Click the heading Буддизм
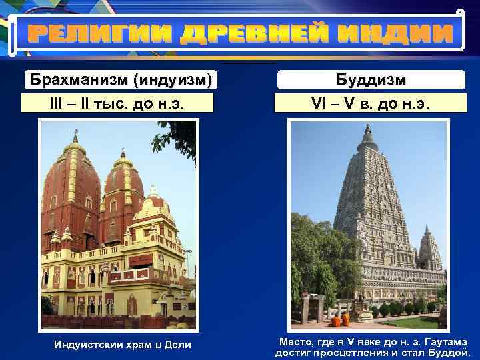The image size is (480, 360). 371,81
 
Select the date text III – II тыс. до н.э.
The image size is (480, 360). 118,104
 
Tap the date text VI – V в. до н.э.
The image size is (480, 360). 371,104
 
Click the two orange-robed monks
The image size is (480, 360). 341,319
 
